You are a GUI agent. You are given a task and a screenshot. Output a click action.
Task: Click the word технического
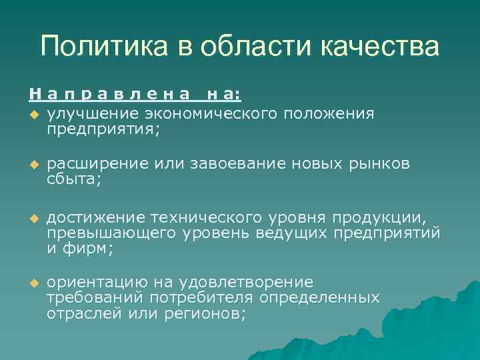200,219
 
